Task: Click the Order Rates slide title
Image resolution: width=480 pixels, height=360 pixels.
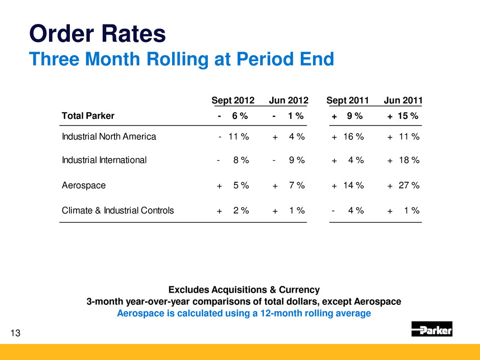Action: [x=97, y=34]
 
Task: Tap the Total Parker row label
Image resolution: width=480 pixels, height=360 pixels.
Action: [x=88, y=115]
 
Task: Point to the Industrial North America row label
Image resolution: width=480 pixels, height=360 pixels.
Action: [x=109, y=137]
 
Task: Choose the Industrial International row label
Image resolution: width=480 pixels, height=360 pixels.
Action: [x=104, y=160]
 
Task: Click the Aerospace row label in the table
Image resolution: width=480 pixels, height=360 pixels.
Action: [x=84, y=185]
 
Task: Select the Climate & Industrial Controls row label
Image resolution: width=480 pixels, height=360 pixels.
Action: [x=117, y=210]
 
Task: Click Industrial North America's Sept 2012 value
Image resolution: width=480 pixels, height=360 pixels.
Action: [x=233, y=137]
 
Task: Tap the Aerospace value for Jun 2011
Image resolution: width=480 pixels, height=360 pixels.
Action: [x=403, y=185]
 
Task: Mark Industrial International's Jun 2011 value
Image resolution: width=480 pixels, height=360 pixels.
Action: [x=403, y=160]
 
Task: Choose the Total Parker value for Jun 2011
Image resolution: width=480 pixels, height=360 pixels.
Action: [x=403, y=115]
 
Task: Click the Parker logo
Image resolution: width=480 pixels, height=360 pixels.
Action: [x=431, y=329]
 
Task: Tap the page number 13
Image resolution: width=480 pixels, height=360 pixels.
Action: [x=16, y=333]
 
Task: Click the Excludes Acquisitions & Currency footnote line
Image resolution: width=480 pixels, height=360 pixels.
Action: [x=244, y=290]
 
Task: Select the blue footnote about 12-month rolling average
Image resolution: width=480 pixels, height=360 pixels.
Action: [x=244, y=314]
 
